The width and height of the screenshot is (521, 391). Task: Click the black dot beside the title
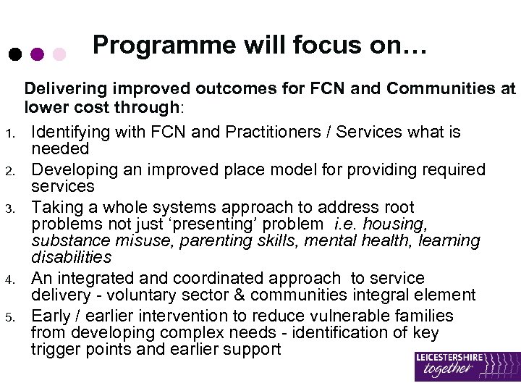(14, 54)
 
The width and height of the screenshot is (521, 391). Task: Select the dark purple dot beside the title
(38, 54)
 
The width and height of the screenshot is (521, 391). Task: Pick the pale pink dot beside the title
(60, 54)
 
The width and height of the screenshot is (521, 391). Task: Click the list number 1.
(9, 133)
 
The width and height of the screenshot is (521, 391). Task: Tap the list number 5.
(9, 316)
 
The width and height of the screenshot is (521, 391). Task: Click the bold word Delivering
(62, 89)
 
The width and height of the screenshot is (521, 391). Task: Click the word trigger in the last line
(54, 350)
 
